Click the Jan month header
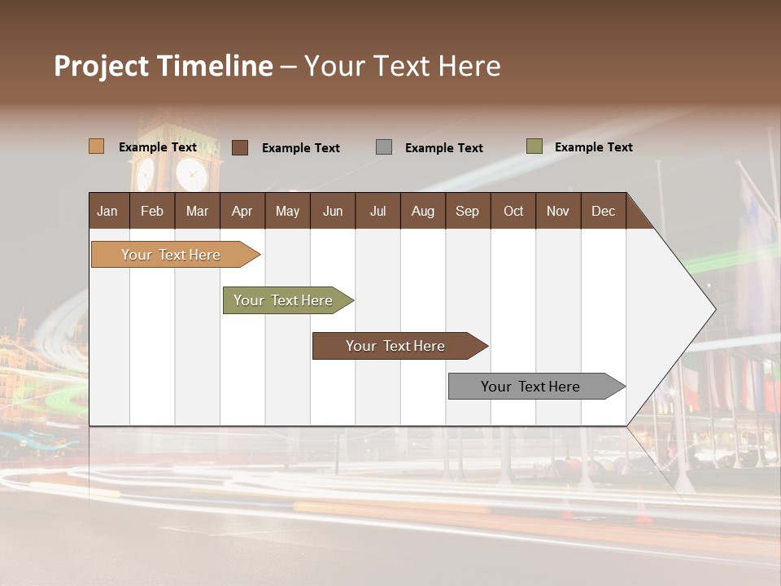coord(107,211)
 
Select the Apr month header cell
coord(242,211)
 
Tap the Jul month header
coord(377,211)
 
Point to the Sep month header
coord(467,211)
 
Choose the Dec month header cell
coord(603,211)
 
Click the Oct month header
coord(513,211)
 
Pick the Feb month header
coord(152,211)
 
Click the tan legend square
coord(96,146)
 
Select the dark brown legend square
coord(240,147)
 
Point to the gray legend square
coord(384,147)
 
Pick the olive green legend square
coord(534,146)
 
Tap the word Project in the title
coord(101,66)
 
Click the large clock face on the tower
coord(192,173)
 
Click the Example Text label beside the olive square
coord(593,147)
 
